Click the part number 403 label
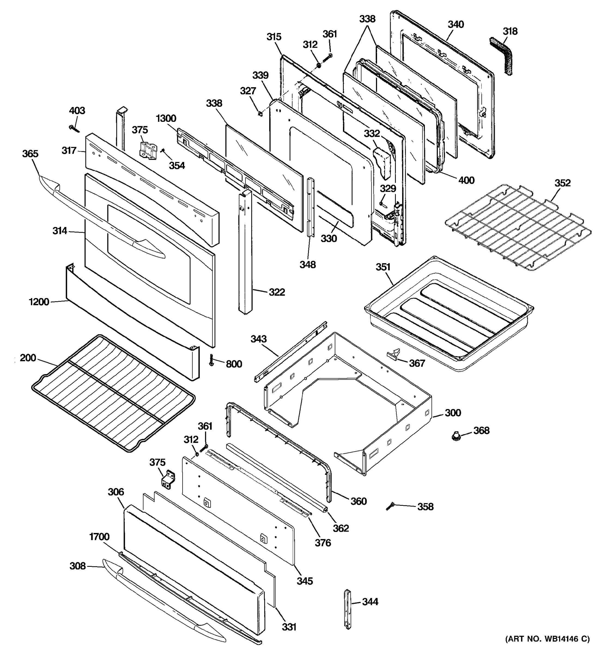(x=77, y=111)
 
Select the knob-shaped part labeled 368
(x=456, y=436)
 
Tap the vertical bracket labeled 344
(x=348, y=609)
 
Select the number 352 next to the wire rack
(x=562, y=183)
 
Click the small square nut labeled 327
(x=260, y=114)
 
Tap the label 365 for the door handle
(x=30, y=154)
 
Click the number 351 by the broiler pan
(x=383, y=267)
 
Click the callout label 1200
(x=39, y=302)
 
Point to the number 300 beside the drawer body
(x=453, y=413)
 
